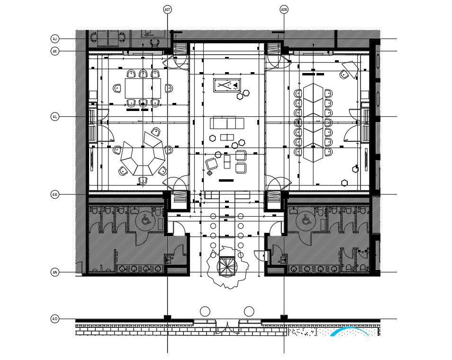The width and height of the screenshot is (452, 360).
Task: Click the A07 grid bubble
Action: (167, 9)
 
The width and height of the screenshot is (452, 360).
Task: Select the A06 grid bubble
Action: (284, 9)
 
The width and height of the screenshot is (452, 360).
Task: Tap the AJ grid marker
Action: (55, 38)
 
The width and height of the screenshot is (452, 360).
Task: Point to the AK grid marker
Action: (55, 51)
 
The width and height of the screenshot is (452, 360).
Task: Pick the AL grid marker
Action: (55, 117)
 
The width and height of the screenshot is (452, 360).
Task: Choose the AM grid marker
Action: (55, 194)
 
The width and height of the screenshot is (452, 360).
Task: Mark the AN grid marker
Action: (55, 272)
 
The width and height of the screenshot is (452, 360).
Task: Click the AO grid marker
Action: (55, 319)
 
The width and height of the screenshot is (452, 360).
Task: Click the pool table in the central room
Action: (227, 85)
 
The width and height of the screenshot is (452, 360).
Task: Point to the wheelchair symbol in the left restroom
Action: (145, 220)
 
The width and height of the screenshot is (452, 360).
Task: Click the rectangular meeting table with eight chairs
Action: (143, 88)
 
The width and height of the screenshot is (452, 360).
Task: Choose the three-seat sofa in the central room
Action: (227, 123)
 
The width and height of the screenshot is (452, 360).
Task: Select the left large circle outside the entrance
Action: (205, 312)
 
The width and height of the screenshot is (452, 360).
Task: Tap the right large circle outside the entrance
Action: (249, 312)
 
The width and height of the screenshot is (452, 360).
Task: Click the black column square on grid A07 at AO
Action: (167, 317)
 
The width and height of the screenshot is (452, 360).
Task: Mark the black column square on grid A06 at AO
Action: (284, 317)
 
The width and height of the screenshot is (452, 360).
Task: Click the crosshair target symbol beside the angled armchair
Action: (209, 173)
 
